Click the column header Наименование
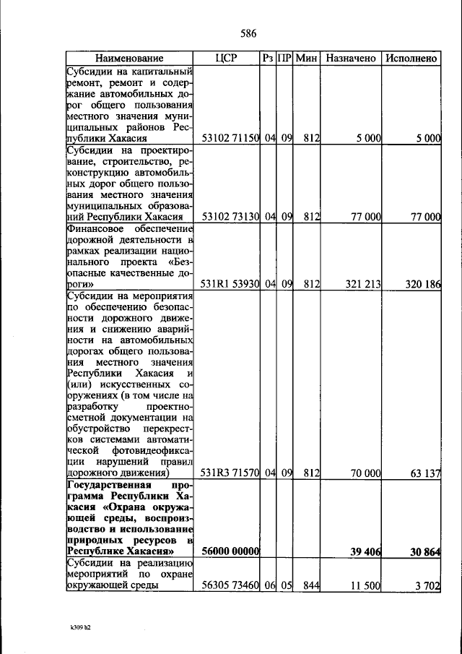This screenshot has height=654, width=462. tap(130, 58)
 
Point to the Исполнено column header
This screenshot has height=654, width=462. tap(411, 58)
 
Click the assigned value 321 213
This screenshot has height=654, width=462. tap(362, 284)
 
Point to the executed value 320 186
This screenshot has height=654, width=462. tap(422, 284)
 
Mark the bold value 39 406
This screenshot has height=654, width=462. tap(365, 551)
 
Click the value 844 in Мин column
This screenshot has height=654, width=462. tap(311, 586)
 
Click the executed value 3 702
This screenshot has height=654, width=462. tap(428, 586)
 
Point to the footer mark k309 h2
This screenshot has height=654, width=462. tap(76, 627)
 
